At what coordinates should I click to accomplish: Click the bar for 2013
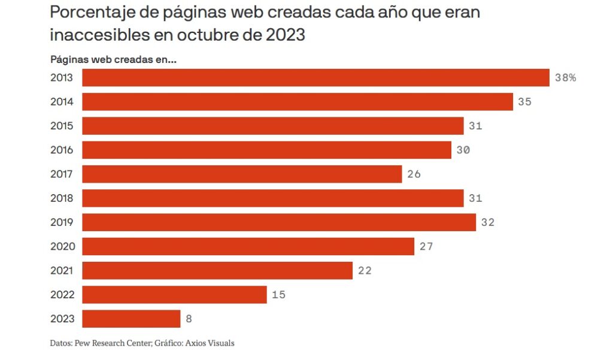(x=315, y=78)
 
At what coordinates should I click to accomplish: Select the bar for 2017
(x=242, y=174)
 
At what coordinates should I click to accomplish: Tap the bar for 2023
(x=131, y=319)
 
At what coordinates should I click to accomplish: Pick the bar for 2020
(x=248, y=246)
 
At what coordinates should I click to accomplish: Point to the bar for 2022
(x=174, y=295)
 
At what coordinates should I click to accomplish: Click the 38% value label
(x=565, y=78)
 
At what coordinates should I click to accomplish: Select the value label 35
(x=524, y=102)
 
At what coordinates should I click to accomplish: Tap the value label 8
(x=189, y=319)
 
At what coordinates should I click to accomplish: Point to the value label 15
(x=278, y=295)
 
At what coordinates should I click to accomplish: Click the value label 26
(x=414, y=174)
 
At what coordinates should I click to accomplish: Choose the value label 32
(x=487, y=222)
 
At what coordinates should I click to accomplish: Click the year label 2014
(x=62, y=102)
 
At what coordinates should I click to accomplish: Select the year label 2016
(x=62, y=150)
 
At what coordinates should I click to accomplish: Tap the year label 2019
(x=62, y=222)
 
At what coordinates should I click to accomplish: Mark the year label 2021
(x=62, y=271)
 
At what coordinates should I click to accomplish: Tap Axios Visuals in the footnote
(x=213, y=343)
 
